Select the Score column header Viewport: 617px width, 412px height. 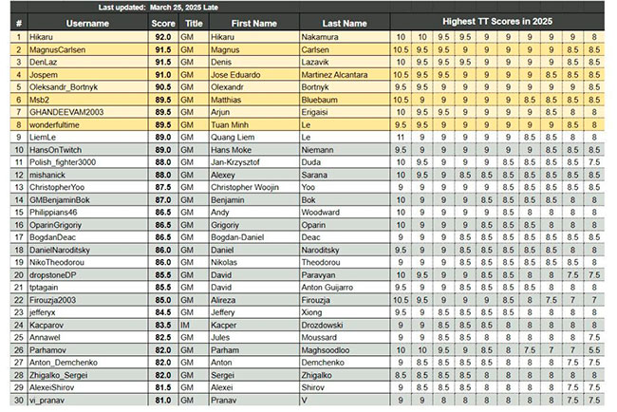(161, 23)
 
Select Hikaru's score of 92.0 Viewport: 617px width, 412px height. (161, 36)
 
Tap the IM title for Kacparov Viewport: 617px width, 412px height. (194, 324)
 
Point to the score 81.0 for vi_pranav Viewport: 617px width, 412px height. (161, 400)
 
